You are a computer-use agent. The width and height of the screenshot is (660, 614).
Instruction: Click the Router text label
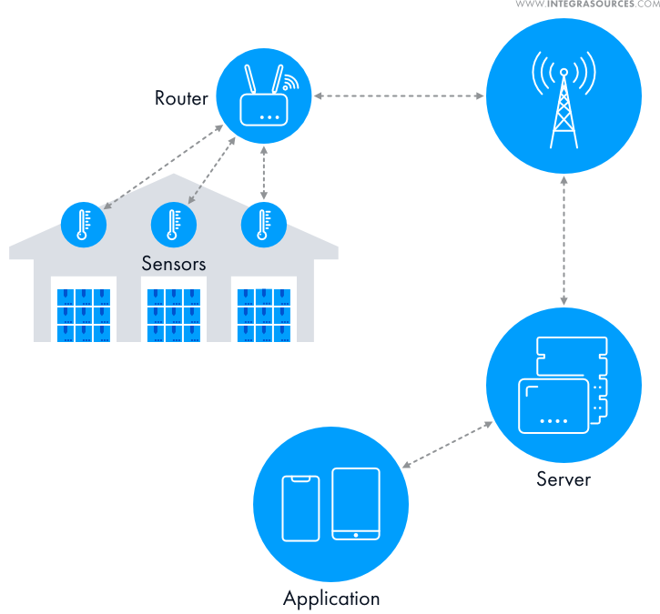point(182,98)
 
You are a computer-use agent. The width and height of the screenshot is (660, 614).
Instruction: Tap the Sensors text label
point(173,264)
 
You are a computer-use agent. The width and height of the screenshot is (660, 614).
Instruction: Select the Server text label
point(564,478)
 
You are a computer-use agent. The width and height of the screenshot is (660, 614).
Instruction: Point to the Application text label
point(331,599)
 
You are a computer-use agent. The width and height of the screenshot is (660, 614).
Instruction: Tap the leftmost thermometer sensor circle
point(84,223)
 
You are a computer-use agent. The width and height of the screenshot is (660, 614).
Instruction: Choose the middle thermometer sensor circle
point(173,223)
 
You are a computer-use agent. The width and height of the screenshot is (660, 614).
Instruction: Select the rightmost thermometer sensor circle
point(264,223)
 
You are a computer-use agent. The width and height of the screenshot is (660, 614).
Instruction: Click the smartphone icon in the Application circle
point(300,508)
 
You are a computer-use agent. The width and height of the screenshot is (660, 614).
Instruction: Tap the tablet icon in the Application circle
point(356,503)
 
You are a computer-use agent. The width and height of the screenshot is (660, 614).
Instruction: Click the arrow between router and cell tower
point(398,96)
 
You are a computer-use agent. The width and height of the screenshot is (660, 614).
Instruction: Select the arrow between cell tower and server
point(565,241)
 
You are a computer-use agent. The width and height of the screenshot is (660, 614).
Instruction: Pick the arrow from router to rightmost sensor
point(264,173)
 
